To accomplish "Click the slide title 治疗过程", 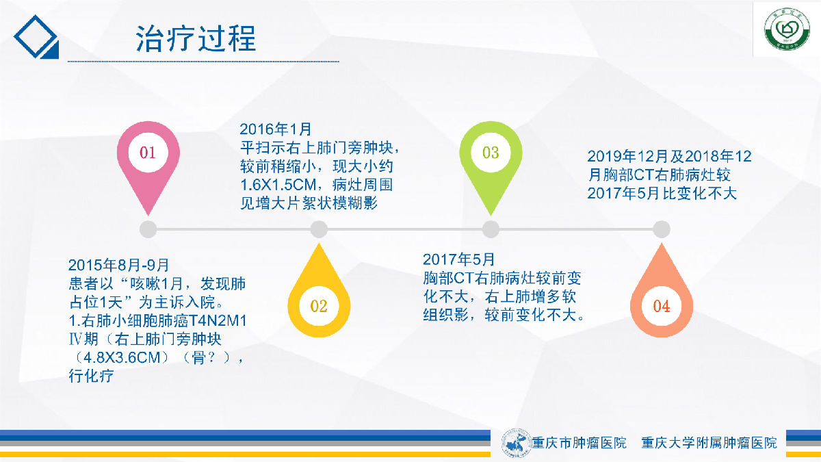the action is click(196, 38).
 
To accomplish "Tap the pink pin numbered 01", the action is click(148, 162).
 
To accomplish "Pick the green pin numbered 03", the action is click(491, 162).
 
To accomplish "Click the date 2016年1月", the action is click(275, 129).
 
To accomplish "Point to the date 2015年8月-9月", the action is click(118, 265).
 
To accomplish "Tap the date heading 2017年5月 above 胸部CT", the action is click(458, 259).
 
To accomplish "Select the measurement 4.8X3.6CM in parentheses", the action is click(122, 357).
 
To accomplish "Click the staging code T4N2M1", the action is click(218, 321).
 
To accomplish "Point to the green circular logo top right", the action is click(787, 29).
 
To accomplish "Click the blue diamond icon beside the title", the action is click(36, 37).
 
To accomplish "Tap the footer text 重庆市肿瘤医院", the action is click(579, 443).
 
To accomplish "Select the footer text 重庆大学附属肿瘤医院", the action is click(709, 443).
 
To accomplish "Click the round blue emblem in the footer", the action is click(516, 443).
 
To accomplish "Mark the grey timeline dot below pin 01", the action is click(148, 229).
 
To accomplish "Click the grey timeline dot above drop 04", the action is click(662, 229).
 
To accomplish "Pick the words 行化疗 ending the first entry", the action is click(91, 376).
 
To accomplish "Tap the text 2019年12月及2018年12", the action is click(669, 157).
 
